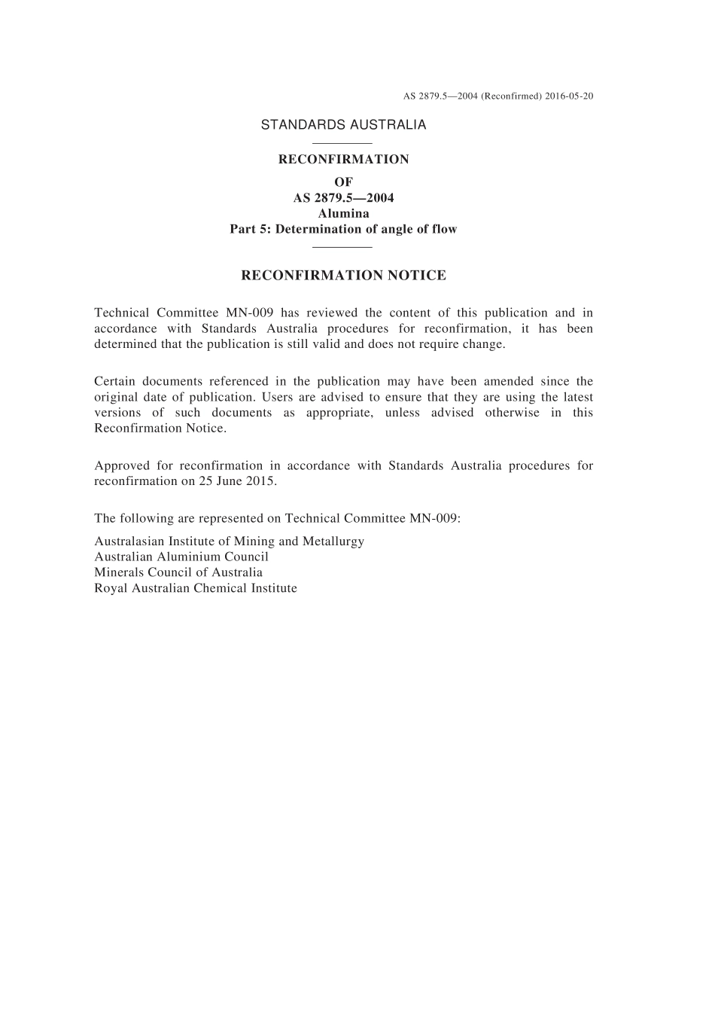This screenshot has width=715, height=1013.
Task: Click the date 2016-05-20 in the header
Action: [568, 96]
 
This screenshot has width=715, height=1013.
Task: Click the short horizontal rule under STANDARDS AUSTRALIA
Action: [342, 143]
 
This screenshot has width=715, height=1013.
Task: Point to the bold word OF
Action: [343, 182]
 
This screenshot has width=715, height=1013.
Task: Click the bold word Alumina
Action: [343, 213]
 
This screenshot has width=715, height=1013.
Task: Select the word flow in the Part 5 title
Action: [444, 229]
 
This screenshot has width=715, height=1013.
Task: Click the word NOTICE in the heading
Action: [416, 276]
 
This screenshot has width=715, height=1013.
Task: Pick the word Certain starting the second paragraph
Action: [114, 381]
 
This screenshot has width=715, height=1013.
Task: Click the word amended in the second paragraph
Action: [508, 381]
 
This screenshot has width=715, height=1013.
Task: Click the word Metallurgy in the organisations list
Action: [333, 542]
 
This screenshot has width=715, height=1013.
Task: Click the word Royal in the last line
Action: [111, 588]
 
